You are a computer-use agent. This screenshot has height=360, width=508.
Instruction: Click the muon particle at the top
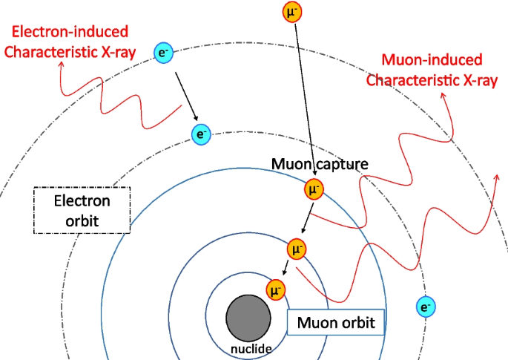(292, 12)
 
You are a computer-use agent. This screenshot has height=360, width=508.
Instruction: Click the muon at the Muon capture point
(314, 191)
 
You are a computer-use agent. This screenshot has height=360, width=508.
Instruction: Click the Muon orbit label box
(335, 323)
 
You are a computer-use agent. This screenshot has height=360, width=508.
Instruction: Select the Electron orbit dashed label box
(82, 211)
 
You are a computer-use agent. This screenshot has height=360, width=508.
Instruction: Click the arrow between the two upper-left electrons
(185, 96)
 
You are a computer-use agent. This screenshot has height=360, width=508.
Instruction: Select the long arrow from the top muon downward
(303, 96)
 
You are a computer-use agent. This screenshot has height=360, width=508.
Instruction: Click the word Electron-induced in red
(71, 32)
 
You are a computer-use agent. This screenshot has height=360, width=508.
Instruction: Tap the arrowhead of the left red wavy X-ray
(62, 63)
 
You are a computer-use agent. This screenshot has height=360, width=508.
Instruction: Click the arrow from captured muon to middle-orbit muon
(306, 220)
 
